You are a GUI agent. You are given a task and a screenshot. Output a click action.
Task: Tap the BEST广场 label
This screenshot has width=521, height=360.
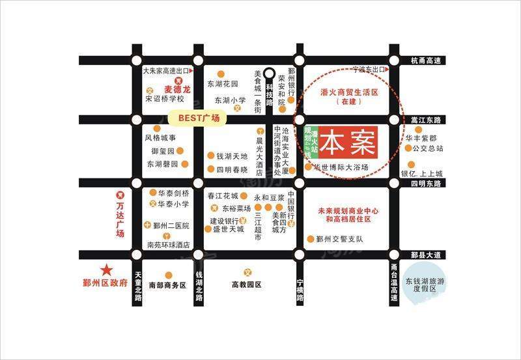pos(197,118)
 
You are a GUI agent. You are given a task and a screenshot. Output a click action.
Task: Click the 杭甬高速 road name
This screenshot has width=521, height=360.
pos(427,61)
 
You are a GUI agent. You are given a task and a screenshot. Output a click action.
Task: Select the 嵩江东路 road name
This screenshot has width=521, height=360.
pos(426,120)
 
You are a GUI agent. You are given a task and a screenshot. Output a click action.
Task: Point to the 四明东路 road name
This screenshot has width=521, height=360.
pos(426,184)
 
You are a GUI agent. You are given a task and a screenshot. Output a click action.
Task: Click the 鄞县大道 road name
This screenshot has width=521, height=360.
pos(426,253)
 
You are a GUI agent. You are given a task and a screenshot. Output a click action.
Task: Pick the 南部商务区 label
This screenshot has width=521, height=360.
pos(167,285)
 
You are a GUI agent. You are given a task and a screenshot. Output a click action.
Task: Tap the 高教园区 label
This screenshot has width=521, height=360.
pos(247,284)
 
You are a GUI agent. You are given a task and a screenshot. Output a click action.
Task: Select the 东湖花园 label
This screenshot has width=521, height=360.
pos(223,84)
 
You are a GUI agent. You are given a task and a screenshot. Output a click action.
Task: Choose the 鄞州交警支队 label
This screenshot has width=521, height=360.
pos(339,239)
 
